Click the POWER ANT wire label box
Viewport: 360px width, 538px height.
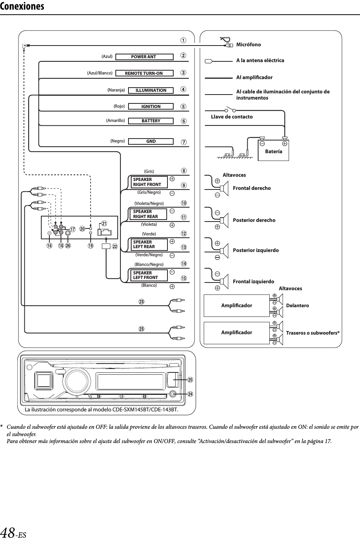[x=144, y=57]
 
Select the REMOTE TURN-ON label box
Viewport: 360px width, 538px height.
[x=144, y=73]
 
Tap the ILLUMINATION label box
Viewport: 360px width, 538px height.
[x=151, y=90]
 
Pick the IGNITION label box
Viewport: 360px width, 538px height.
[x=151, y=107]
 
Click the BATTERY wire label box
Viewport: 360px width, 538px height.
[x=151, y=121]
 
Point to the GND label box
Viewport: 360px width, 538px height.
[x=151, y=141]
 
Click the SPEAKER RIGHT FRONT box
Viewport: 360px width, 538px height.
[x=149, y=182]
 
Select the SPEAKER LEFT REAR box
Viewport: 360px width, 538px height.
[x=149, y=244]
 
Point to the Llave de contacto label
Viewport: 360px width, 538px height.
[x=232, y=117]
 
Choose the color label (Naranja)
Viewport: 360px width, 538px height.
[x=116, y=90]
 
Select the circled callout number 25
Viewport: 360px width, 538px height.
[x=190, y=380]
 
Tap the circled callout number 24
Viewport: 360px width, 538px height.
[x=190, y=394]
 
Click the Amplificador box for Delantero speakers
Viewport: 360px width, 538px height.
[x=236, y=305]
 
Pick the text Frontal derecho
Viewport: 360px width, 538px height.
[x=252, y=188]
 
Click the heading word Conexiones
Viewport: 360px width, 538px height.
[x=22, y=7]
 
